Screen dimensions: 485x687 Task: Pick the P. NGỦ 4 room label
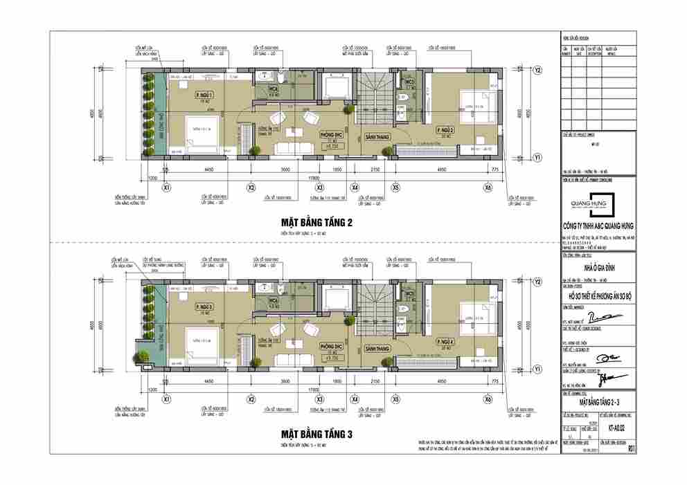pyautogui.click(x=445, y=342)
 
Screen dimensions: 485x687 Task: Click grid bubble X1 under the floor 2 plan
pyautogui.click(x=166, y=187)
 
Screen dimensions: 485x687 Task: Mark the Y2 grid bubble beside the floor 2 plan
pyautogui.click(x=537, y=70)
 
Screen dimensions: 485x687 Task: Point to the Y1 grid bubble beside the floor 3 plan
pyautogui.click(x=537, y=370)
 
